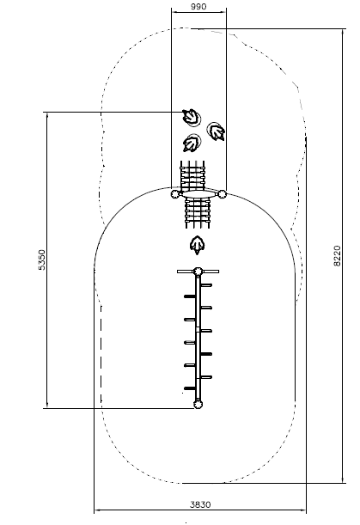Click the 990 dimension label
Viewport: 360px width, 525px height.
198,6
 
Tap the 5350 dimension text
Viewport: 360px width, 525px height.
42,259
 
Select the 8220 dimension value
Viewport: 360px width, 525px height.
337,256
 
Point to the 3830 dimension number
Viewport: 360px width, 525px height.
200,504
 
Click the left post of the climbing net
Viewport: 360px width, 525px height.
175,194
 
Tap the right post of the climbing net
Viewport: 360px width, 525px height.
222,194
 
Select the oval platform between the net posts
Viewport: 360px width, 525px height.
198,194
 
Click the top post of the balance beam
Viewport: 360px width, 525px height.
198,272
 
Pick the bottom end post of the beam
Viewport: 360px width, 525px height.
198,404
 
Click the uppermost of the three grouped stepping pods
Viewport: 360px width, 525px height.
192,117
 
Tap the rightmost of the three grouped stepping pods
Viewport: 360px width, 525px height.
216,131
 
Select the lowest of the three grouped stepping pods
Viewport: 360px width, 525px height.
192,143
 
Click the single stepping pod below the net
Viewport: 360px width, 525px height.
198,245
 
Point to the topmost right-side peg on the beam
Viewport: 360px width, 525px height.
206,285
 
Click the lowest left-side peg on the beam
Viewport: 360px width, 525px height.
190,388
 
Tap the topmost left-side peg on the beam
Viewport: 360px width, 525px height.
190,296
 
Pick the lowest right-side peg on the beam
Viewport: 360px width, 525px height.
206,377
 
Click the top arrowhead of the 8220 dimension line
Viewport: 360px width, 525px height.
343,31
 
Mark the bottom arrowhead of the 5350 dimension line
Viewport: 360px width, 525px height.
47,406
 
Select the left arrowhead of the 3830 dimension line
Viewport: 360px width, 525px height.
96,510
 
